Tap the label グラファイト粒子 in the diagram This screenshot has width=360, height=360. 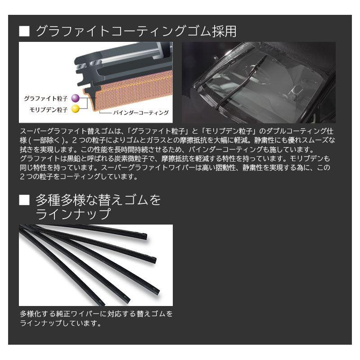(46, 98)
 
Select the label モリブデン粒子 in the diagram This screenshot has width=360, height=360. (47, 108)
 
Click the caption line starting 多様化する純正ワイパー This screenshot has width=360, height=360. (95, 314)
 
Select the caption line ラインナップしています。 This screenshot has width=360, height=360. (59, 323)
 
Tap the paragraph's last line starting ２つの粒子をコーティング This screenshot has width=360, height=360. (79, 177)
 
